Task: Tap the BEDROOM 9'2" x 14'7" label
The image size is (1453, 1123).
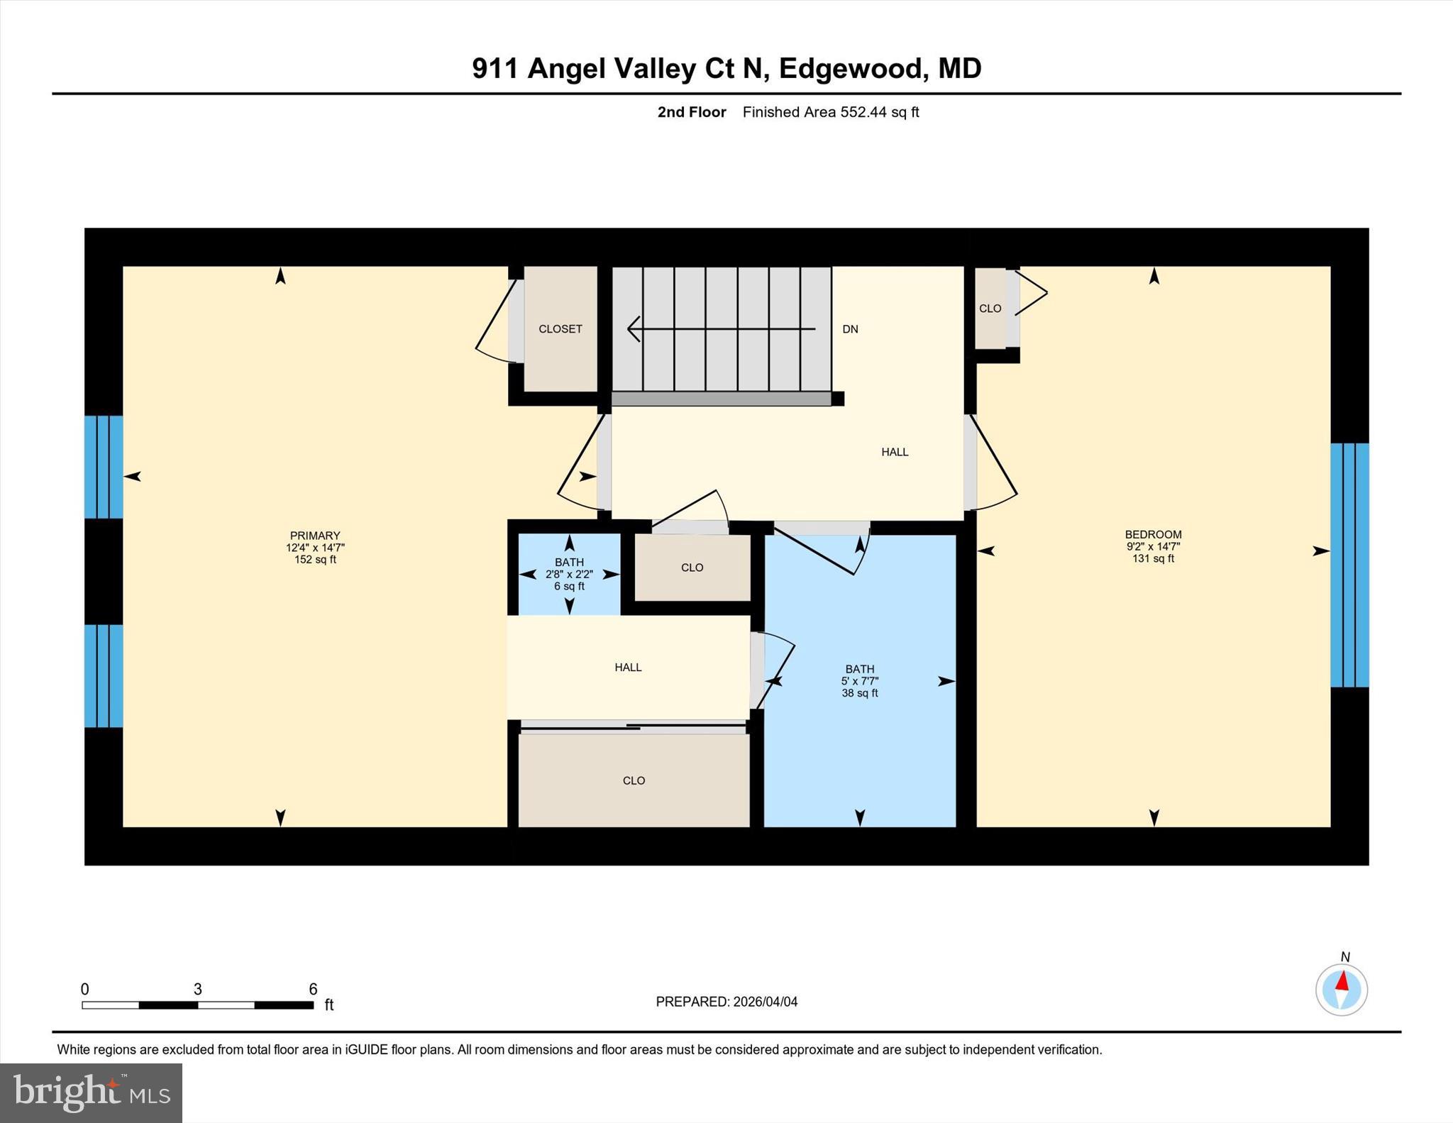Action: coord(1153,546)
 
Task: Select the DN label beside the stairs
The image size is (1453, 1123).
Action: coord(850,329)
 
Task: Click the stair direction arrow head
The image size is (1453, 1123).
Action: coord(634,329)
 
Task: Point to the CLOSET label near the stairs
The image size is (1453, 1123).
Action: coord(560,329)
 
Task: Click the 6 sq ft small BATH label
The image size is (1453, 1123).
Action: coord(569,574)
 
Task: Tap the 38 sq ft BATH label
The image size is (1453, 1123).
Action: coord(859,681)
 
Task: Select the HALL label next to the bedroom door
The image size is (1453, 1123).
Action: coord(895,452)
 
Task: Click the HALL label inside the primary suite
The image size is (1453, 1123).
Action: coord(628,668)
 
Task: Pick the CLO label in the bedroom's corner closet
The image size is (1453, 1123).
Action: coord(990,309)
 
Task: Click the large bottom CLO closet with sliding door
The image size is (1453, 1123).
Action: coord(634,780)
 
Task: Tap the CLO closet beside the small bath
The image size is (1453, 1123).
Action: coord(692,568)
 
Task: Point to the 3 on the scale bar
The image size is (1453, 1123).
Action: coord(198,989)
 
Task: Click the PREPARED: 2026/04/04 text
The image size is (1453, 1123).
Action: coord(726,1002)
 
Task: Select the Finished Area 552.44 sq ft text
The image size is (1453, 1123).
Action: coord(830,112)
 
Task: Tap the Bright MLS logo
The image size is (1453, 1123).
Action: coord(91,1092)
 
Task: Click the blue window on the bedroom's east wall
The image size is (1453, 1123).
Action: coord(1349,565)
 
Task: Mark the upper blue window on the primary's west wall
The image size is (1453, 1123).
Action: coord(104,467)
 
